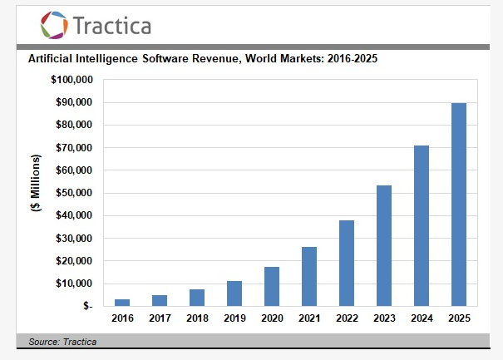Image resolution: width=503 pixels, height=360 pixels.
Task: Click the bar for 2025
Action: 458,205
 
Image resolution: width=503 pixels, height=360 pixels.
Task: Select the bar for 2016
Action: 122,302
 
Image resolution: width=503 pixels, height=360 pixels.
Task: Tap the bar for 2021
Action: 308,276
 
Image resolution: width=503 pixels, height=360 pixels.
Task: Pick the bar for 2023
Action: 383,245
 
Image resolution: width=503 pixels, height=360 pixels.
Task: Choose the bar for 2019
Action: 234,293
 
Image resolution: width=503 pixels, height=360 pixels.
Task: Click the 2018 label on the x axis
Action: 197,319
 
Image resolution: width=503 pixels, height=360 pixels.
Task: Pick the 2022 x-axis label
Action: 346,319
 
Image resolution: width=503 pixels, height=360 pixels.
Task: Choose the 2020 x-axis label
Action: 272,319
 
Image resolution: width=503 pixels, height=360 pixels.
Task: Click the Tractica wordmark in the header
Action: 112,26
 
